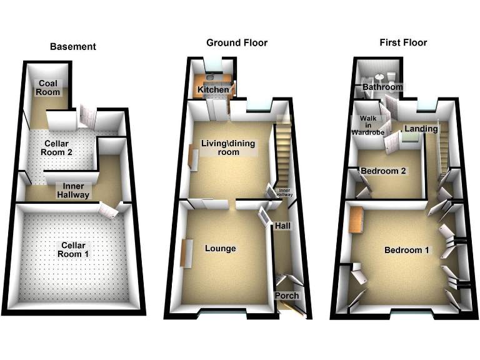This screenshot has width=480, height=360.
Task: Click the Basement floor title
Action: [73, 46]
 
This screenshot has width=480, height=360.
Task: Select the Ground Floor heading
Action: [237, 42]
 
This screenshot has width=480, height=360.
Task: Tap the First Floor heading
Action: [403, 42]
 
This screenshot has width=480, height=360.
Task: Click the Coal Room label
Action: [48, 87]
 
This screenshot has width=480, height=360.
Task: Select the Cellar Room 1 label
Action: [73, 249]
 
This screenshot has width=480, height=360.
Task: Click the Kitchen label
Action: [213, 91]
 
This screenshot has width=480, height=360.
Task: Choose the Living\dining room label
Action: [228, 147]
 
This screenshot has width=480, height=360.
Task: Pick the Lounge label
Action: [221, 248]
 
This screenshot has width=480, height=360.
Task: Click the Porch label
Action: [287, 296]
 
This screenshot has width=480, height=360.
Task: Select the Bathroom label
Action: [382, 87]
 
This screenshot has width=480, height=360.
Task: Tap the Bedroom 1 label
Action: [406, 250]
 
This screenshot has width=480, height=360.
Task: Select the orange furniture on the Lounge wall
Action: [186, 252]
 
